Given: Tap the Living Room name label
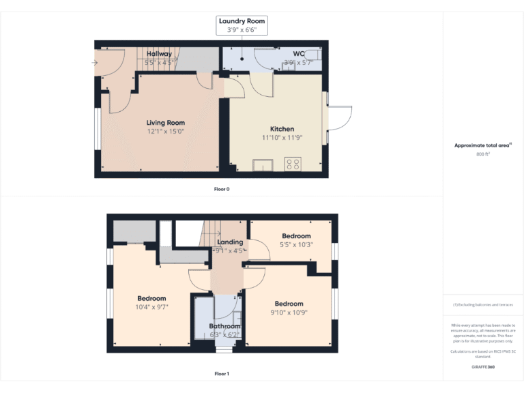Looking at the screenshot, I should coord(165,123).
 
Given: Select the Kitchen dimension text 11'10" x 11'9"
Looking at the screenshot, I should coord(282,137).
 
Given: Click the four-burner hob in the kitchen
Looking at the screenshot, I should coord(293,164).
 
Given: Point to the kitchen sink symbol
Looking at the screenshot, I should coord(261,164).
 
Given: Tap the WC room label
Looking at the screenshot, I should coord(298,54).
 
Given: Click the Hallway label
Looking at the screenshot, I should coord(159,54).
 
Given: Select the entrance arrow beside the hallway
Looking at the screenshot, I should coord(94,63).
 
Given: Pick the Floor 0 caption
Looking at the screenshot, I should coord(222,189).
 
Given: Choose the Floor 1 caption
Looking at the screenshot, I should coord(222,374).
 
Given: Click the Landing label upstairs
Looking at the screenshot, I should coord(230,242).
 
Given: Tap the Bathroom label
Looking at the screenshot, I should coord(224,326).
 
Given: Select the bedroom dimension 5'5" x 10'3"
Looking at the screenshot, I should coord(295,244).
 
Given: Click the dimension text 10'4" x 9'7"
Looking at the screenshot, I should coord(151,307).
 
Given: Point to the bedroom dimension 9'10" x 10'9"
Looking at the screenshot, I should coord(289,312).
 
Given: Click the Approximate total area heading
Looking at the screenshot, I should coord(483,145).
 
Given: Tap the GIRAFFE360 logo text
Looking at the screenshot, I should coord(483,367).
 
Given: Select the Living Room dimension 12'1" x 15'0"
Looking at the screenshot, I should coord(165,132).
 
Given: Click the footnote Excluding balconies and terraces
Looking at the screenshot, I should coord(483,305).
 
